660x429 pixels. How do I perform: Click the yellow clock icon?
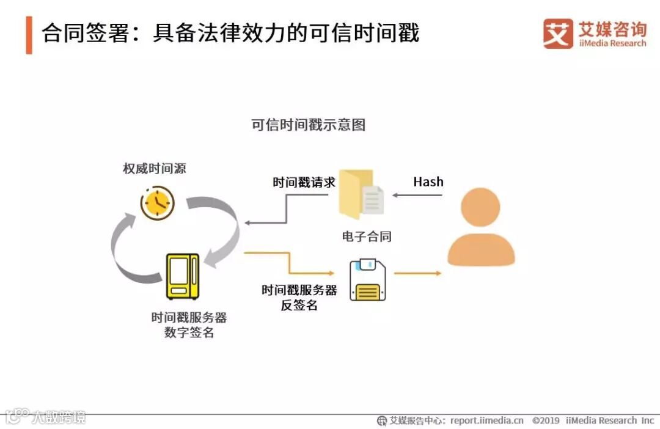click(x=157, y=203)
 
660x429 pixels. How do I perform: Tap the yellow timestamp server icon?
click(x=183, y=276)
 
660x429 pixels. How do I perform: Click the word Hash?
click(x=428, y=182)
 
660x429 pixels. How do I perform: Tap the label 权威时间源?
click(x=154, y=168)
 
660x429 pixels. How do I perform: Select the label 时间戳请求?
click(x=304, y=182)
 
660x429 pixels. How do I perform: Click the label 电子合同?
click(x=367, y=237)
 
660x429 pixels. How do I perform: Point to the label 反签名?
click(x=299, y=306)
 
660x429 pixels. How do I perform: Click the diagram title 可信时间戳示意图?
click(x=309, y=125)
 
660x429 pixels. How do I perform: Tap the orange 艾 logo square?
click(x=558, y=34)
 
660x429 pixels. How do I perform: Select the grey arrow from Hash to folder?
click(x=417, y=195)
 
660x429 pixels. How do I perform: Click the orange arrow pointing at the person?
click(x=417, y=273)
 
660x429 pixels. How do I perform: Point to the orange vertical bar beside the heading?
click(x=29, y=35)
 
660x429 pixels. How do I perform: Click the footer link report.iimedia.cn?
click(x=487, y=420)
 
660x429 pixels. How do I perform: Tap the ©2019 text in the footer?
click(x=546, y=420)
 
